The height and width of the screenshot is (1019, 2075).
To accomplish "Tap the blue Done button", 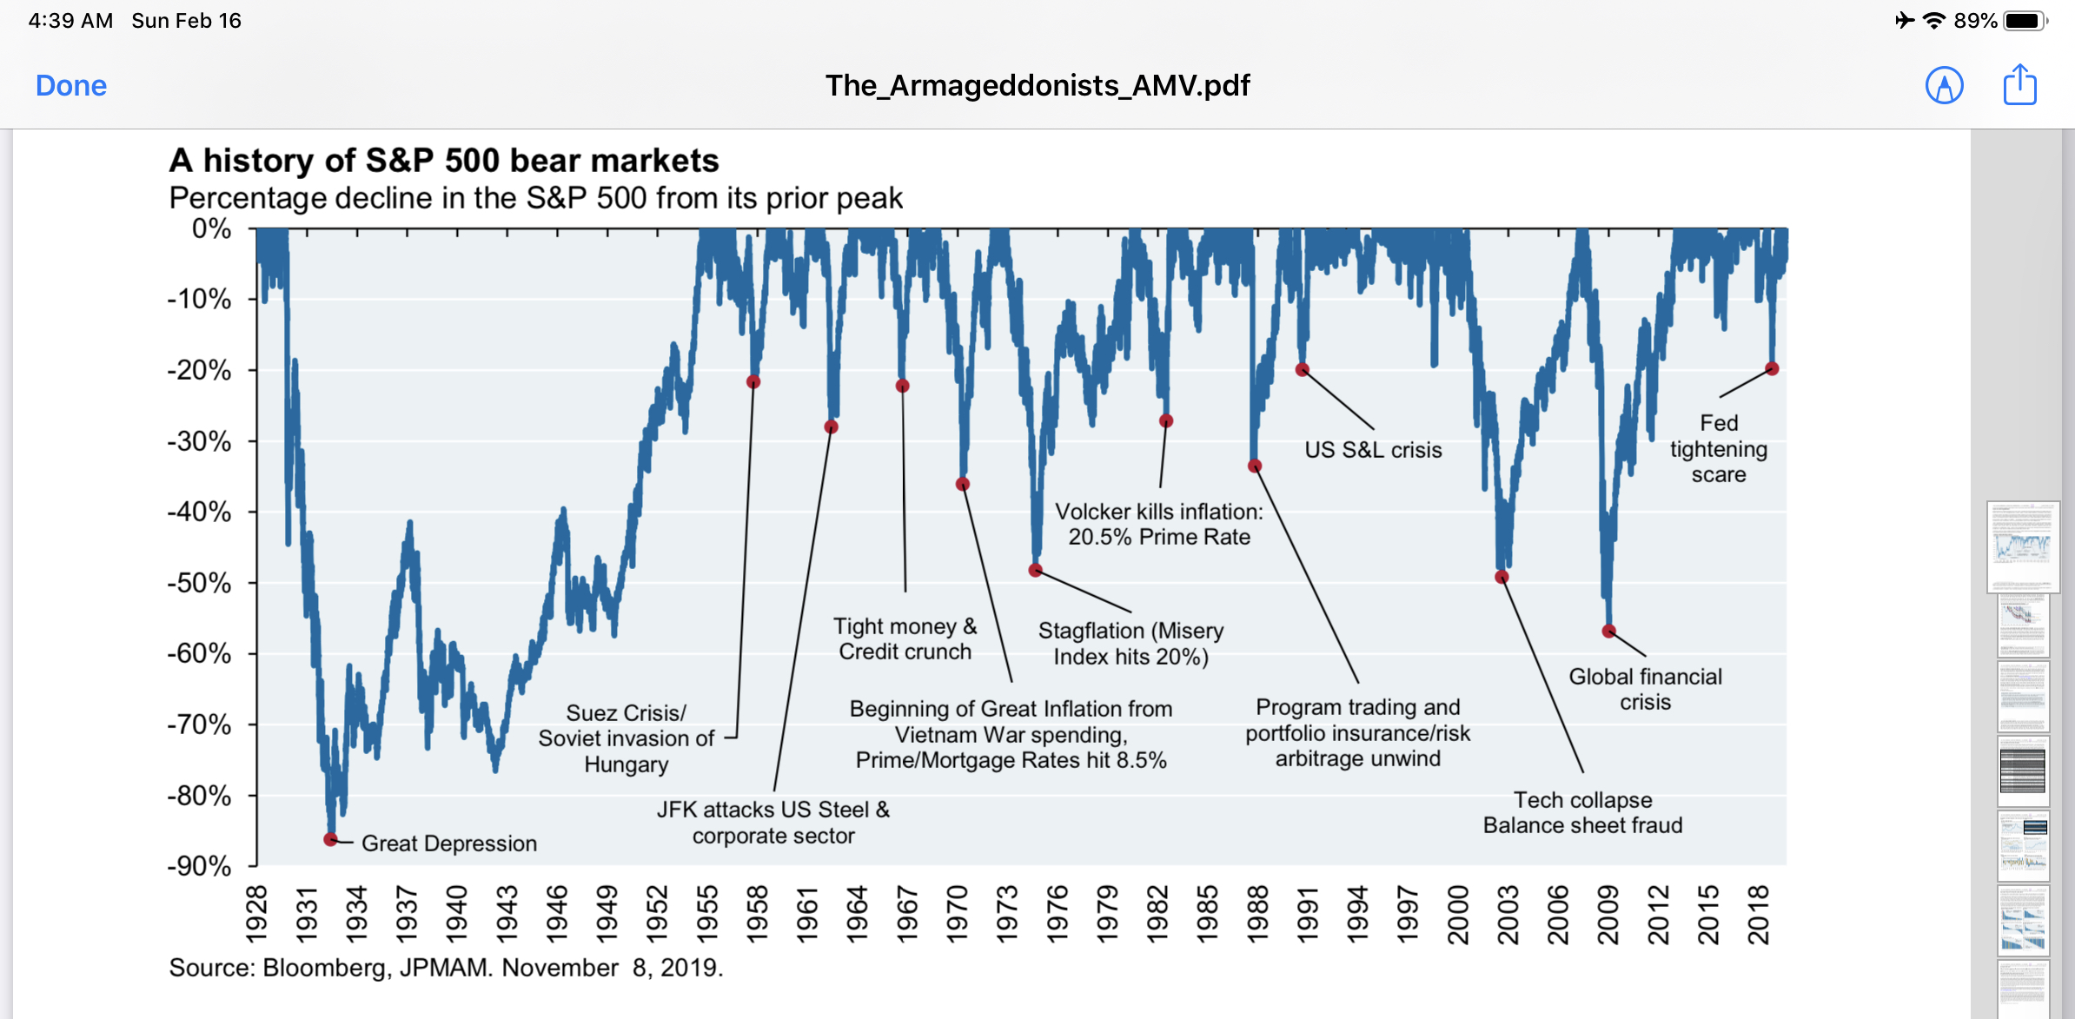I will [71, 86].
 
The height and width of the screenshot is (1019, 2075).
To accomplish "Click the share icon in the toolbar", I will [2019, 85].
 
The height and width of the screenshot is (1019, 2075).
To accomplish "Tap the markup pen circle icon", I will [1944, 86].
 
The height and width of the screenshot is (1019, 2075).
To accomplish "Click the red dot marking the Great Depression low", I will [330, 839].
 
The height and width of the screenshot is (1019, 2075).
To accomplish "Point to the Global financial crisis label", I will [1645, 689].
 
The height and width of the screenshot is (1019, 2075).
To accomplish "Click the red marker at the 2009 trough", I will [1608, 632].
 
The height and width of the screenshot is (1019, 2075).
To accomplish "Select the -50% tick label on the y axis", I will [199, 583].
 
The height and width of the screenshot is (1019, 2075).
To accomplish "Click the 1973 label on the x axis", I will [1006, 914].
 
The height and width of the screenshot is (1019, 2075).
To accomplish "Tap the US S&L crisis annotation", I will [1373, 450].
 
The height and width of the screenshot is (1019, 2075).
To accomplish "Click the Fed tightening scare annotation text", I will [1718, 449].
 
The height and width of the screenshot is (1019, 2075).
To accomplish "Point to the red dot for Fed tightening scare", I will [1773, 369].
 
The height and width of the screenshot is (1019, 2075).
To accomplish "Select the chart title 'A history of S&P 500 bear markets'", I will [444, 161].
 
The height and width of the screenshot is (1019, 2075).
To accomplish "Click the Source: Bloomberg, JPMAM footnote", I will [446, 968].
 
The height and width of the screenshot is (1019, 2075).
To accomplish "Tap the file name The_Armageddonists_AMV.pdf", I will [1037, 86].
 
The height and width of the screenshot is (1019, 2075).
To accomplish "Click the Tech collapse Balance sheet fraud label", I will [1582, 812].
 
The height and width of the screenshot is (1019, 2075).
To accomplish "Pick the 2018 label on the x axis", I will [1758, 914].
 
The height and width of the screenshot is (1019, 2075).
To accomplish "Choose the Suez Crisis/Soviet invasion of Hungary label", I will [626, 738].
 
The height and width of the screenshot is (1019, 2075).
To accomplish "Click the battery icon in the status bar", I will [2025, 21].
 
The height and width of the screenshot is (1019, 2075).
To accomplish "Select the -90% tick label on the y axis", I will [199, 866].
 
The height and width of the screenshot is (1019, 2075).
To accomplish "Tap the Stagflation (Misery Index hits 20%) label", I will [1130, 644].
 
